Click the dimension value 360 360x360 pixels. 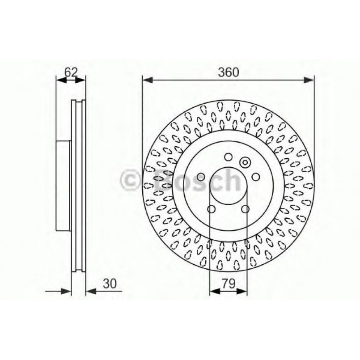pyautogui.click(x=228, y=72)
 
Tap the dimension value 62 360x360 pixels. pyautogui.click(x=71, y=72)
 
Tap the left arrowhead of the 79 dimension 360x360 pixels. pyautogui.click(x=213, y=291)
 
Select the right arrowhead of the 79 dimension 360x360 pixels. pyautogui.click(x=243, y=291)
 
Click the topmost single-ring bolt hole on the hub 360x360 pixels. pyautogui.click(x=228, y=157)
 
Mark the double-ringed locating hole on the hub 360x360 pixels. pyautogui.click(x=246, y=162)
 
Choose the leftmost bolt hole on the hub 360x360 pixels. pyautogui.click(x=201, y=177)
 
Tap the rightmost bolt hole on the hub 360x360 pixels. pyautogui.click(x=256, y=177)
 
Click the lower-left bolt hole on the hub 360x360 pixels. pyautogui.click(x=212, y=209)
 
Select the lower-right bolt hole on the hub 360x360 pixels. pyautogui.click(x=245, y=209)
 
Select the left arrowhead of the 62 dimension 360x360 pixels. pyautogui.click(x=59, y=80)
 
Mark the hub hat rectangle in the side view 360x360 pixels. pyautogui.click(x=64, y=186)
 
